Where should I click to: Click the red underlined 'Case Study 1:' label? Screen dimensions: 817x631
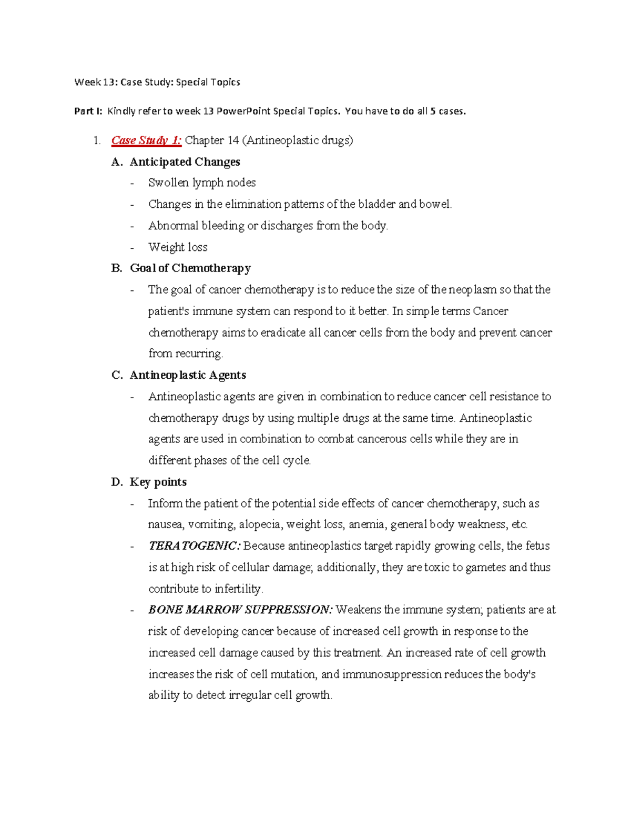pyautogui.click(x=146, y=140)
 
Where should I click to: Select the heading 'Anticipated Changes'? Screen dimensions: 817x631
pyautogui.click(x=185, y=162)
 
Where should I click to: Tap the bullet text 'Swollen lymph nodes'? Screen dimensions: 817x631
pyautogui.click(x=202, y=183)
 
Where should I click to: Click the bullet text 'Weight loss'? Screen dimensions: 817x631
pyautogui.click(x=178, y=247)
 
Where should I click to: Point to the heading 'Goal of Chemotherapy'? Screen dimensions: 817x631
pyautogui.click(x=190, y=268)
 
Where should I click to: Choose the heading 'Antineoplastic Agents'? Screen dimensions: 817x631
pyautogui.click(x=188, y=375)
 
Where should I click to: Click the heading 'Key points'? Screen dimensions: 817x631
pyautogui.click(x=158, y=482)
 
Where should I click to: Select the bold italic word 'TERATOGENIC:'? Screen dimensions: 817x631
pyautogui.click(x=194, y=546)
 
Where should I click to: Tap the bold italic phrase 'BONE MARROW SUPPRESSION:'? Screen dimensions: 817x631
pyautogui.click(x=240, y=610)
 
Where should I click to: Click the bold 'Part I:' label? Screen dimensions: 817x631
pyautogui.click(x=88, y=111)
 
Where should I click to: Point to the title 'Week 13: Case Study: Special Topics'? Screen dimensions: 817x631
pyautogui.click(x=157, y=82)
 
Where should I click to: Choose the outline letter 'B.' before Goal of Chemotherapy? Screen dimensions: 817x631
pyautogui.click(x=117, y=268)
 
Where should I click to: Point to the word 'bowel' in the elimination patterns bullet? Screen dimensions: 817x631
pyautogui.click(x=435, y=205)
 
